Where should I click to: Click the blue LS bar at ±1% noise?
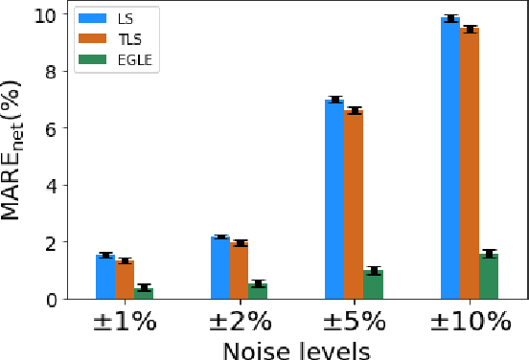click(105, 277)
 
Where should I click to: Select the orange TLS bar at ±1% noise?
click(125, 280)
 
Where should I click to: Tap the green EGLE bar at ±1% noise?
click(144, 293)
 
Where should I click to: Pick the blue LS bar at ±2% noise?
click(220, 268)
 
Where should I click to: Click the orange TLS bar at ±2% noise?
click(240, 271)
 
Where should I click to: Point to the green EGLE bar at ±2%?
click(259, 291)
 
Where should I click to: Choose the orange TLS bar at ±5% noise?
click(354, 205)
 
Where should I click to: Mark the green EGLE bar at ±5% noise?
click(373, 284)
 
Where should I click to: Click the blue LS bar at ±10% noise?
click(449, 158)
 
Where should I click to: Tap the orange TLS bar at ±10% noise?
click(469, 164)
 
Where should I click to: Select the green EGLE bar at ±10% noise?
click(488, 276)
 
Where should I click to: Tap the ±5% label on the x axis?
click(354, 321)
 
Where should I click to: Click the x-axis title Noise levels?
click(296, 349)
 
